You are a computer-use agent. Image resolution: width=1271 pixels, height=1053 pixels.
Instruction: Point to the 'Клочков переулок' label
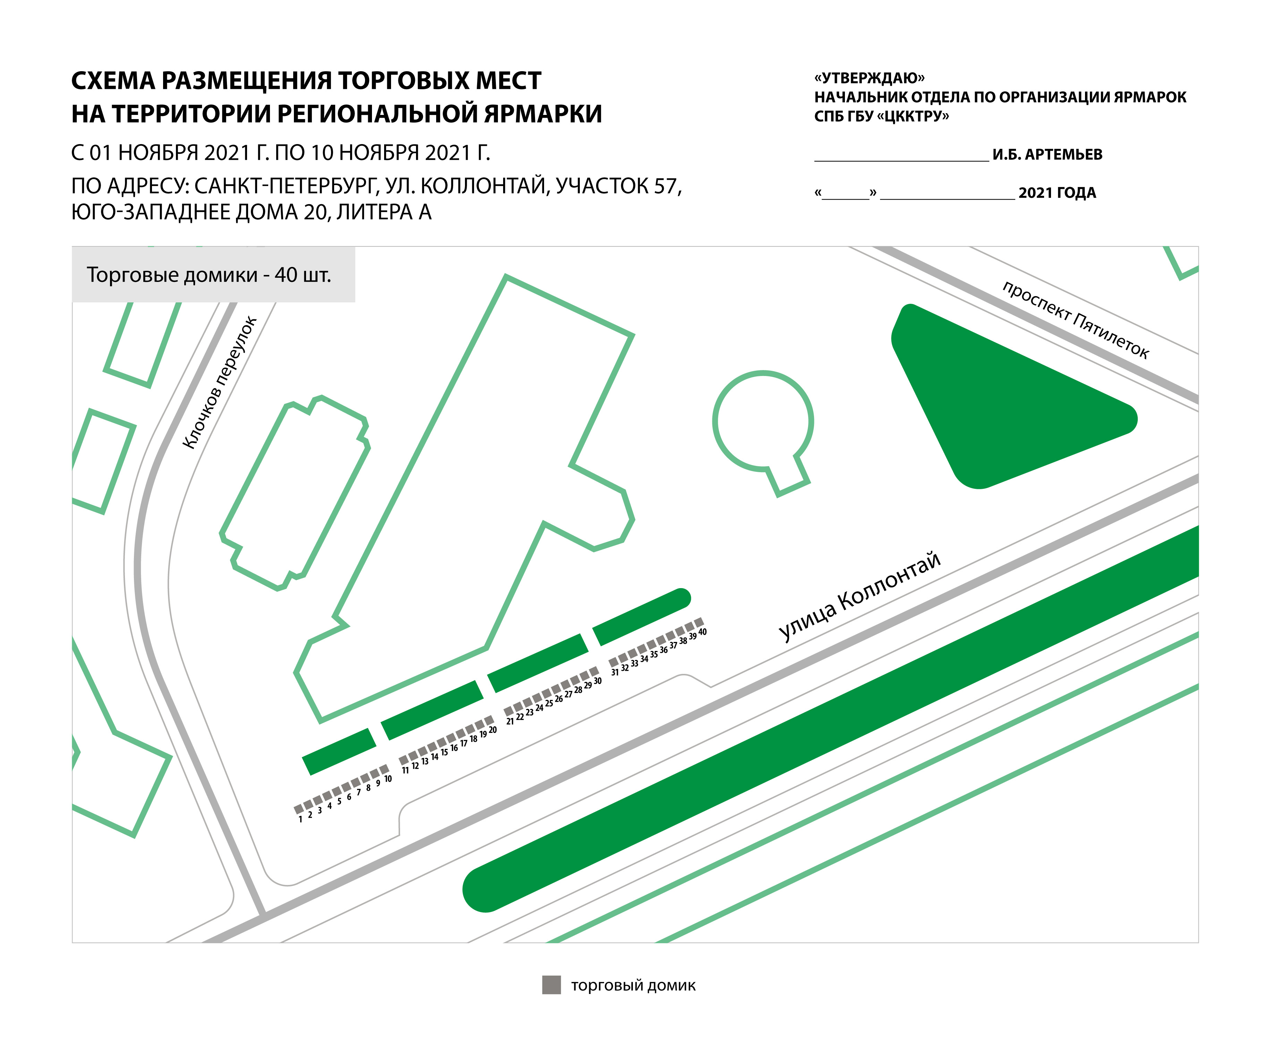(220, 383)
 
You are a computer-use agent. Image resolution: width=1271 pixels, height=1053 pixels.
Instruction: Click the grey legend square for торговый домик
(551, 985)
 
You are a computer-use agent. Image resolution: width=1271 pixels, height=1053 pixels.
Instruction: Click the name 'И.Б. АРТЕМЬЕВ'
(1047, 154)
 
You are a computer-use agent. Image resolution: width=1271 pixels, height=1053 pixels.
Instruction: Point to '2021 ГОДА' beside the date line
(1057, 193)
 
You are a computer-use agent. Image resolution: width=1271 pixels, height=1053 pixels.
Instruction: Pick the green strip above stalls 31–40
(642, 616)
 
